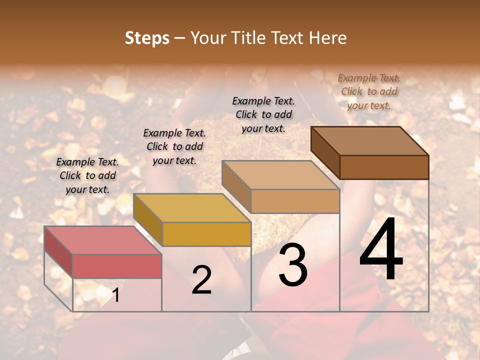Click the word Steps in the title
click(x=147, y=38)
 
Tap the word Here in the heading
click(x=327, y=38)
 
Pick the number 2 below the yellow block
click(x=201, y=280)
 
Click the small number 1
click(x=116, y=295)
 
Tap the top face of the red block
click(x=102, y=240)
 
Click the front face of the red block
click(x=117, y=266)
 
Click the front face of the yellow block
click(x=206, y=234)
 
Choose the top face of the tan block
click(x=280, y=175)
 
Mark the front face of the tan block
click(x=295, y=201)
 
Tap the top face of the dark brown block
click(x=369, y=140)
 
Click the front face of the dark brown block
click(x=384, y=167)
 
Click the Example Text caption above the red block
click(x=87, y=175)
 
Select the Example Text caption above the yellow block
click(x=174, y=146)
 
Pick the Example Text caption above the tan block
click(x=263, y=114)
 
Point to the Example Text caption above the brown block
click(x=369, y=91)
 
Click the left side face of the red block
click(x=58, y=252)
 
